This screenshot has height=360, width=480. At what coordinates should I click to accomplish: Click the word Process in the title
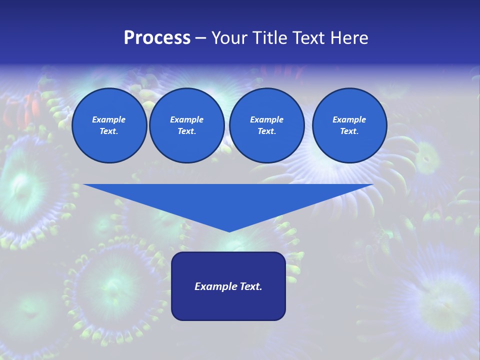157,38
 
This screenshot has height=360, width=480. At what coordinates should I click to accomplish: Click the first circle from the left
109,125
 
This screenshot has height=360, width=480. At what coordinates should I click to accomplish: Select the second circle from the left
186,125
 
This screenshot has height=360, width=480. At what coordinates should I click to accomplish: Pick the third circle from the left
266,125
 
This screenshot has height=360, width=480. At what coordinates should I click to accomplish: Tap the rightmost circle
349,125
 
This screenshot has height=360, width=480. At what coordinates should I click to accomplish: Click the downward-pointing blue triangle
228,200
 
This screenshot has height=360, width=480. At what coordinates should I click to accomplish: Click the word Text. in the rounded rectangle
249,286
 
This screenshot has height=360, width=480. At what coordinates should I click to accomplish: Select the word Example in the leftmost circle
109,119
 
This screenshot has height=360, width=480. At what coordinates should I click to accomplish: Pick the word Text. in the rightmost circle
349,131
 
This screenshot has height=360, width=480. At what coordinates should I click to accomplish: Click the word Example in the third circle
266,119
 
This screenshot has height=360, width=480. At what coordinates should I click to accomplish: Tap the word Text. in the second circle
186,131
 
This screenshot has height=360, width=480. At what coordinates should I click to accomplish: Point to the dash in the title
200,38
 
